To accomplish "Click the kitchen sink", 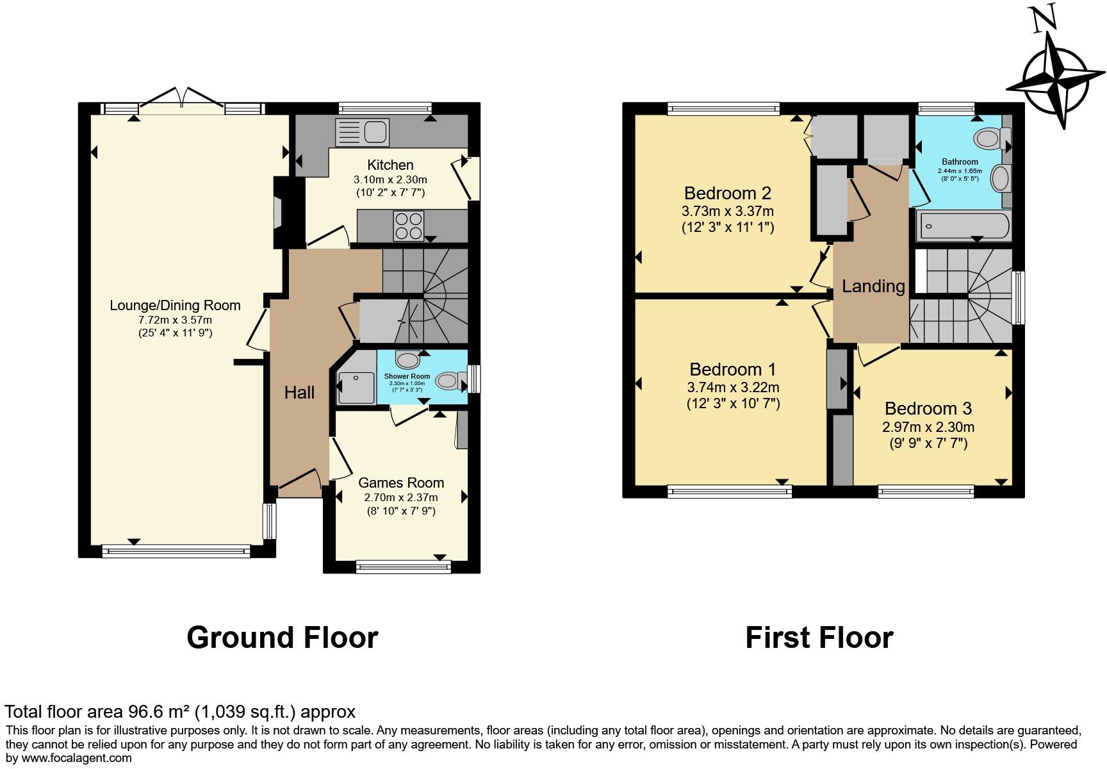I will [x=362, y=133].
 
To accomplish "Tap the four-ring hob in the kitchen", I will [x=409, y=226].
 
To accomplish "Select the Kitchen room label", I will [x=390, y=165].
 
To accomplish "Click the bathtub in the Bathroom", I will [x=964, y=226].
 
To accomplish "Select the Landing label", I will [x=873, y=286].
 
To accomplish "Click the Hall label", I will [x=299, y=392].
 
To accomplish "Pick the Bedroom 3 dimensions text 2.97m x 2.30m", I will [x=928, y=427].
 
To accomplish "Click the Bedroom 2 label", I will [x=727, y=193].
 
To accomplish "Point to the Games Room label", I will [x=400, y=483].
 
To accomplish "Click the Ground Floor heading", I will [x=282, y=637].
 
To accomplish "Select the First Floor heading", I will [x=819, y=637].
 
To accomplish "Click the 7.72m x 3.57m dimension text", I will [x=175, y=319].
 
